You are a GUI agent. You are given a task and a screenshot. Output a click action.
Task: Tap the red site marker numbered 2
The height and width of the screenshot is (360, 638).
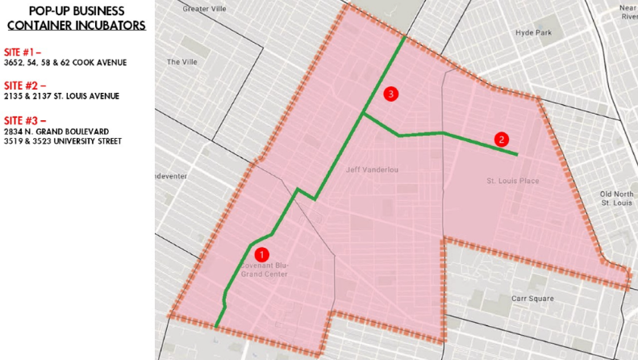[x=502, y=140]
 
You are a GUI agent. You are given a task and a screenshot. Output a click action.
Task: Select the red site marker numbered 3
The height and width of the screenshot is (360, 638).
[x=391, y=94]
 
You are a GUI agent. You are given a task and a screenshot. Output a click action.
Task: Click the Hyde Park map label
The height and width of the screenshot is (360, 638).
[x=533, y=33]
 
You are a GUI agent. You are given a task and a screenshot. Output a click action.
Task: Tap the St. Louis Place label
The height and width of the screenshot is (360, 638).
[x=513, y=181]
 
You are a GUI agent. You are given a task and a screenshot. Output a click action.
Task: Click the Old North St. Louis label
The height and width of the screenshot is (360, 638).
[x=617, y=198]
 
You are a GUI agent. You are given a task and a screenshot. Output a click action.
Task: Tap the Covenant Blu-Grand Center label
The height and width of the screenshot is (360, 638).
[x=265, y=270]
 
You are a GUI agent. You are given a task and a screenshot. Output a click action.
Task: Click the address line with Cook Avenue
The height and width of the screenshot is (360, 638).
[x=65, y=63]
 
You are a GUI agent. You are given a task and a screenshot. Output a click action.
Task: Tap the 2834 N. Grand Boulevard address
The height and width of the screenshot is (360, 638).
[x=56, y=131]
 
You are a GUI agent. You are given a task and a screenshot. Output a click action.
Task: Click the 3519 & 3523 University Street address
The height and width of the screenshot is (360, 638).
[x=63, y=141]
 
